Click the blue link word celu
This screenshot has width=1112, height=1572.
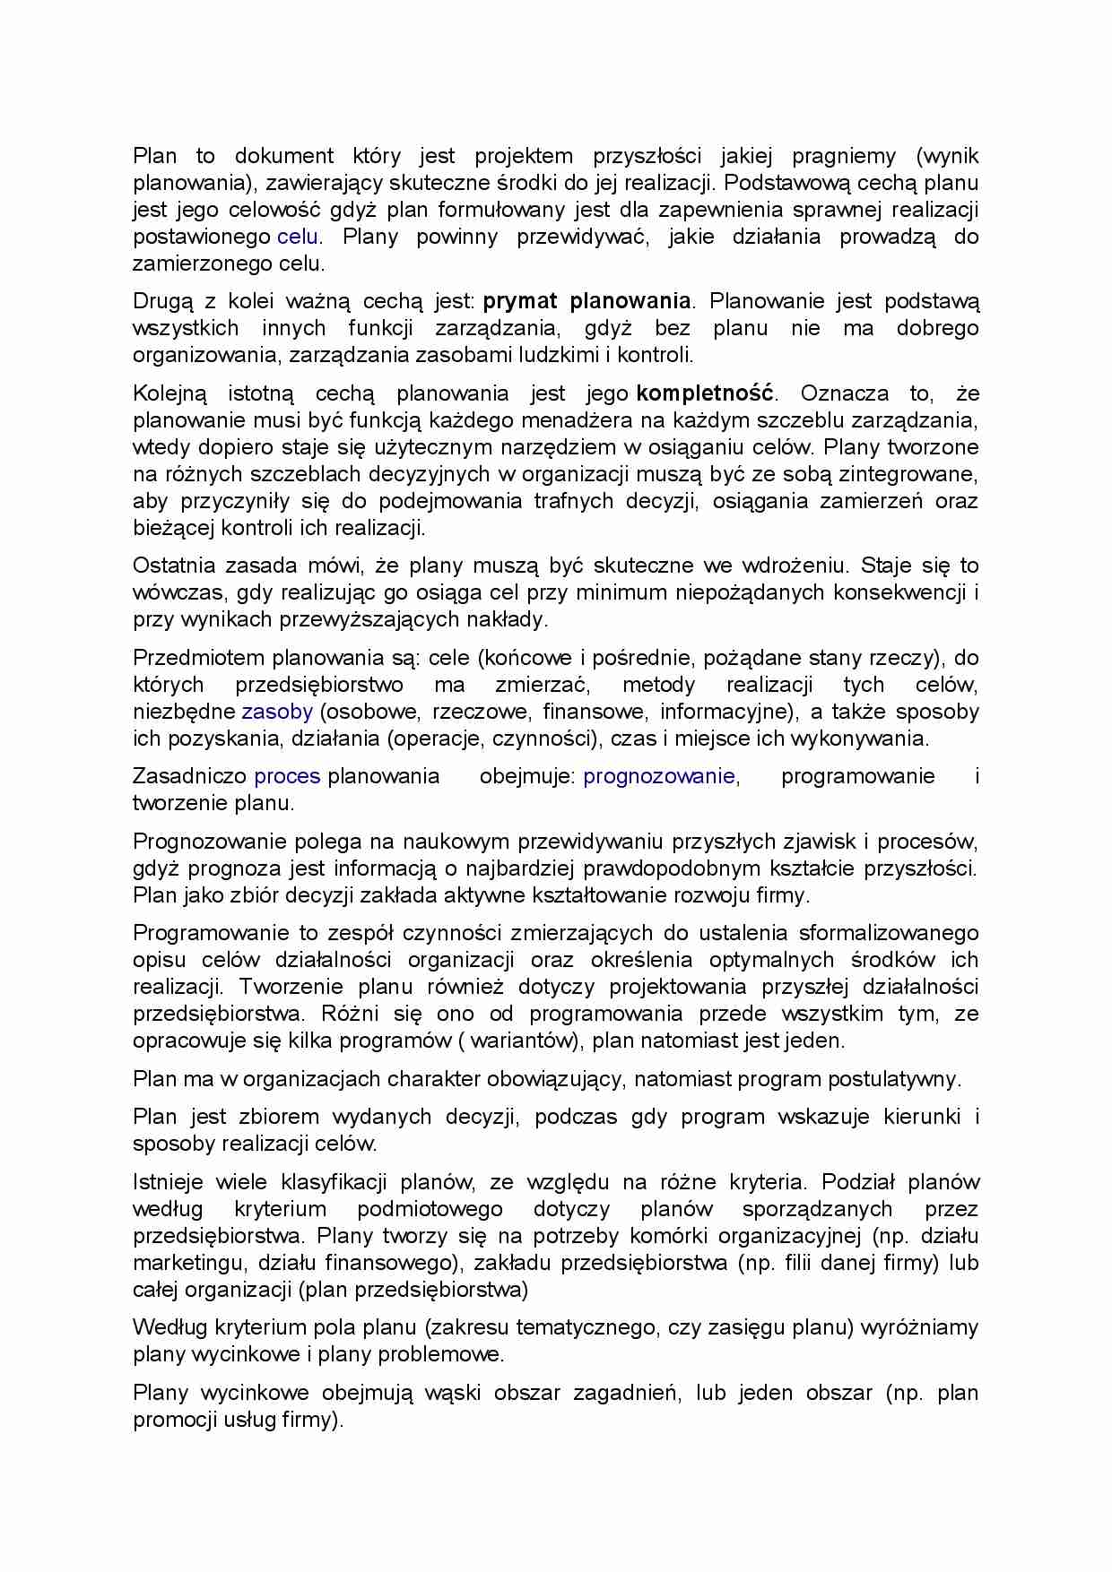298,238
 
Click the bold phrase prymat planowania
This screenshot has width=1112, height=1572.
586,301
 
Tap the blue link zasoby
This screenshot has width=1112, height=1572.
277,712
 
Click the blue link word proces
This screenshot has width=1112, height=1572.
287,776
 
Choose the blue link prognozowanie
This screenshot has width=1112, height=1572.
658,776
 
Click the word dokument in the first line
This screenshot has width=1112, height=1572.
284,156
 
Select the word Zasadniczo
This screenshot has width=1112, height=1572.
190,776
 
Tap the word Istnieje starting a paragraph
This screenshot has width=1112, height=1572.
168,1182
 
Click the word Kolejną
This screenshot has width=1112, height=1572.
169,393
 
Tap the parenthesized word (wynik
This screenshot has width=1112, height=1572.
947,156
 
